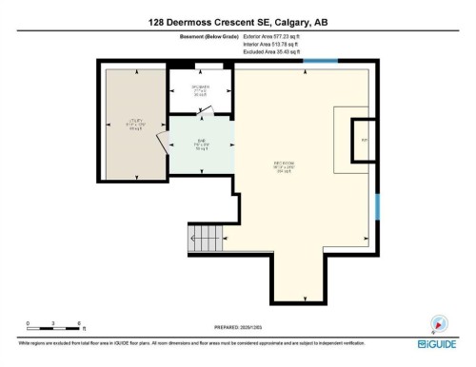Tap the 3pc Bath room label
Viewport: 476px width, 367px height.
point(200,92)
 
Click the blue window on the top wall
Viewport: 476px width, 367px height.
point(321,63)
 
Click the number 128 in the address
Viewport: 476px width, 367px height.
point(158,21)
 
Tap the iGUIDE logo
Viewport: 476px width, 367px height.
point(439,344)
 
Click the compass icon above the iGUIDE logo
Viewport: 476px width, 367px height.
point(439,323)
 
